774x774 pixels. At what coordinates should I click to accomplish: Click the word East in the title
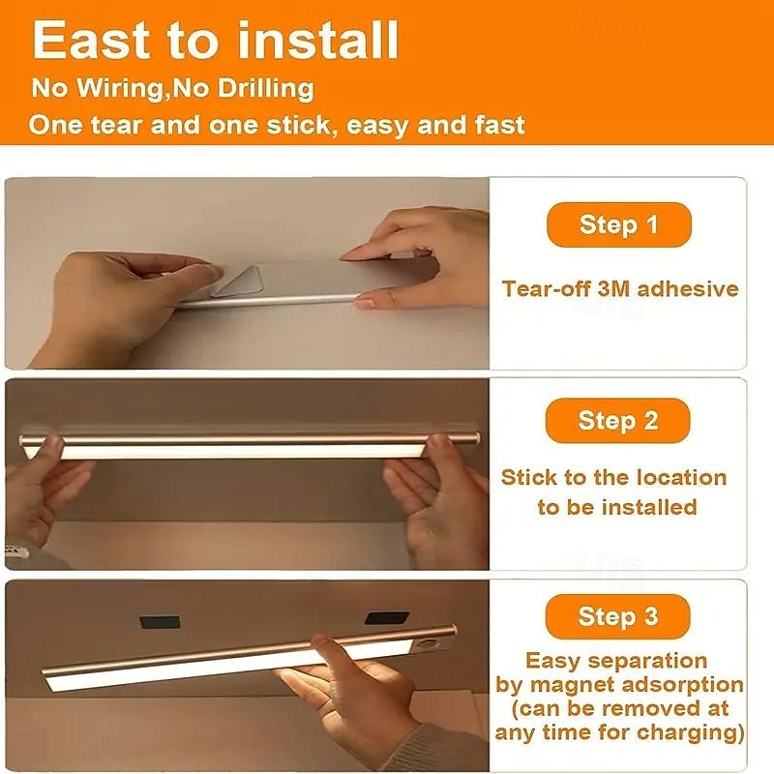[91, 40]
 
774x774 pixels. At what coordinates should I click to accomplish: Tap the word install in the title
[318, 40]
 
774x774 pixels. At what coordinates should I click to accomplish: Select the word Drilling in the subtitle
[265, 89]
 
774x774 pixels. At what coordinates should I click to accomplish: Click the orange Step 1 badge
[618, 224]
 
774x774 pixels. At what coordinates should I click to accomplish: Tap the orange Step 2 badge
[617, 421]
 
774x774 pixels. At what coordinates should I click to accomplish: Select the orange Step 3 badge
[617, 616]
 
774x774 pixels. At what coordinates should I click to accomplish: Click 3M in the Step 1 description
[614, 288]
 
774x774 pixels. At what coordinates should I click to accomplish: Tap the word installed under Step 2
[649, 507]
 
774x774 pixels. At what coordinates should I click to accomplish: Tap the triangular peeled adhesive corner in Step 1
[237, 282]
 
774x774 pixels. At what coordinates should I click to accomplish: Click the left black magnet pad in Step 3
[160, 621]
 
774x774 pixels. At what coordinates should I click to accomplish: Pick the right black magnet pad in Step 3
[387, 618]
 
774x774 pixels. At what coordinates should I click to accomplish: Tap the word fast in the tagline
[500, 125]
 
